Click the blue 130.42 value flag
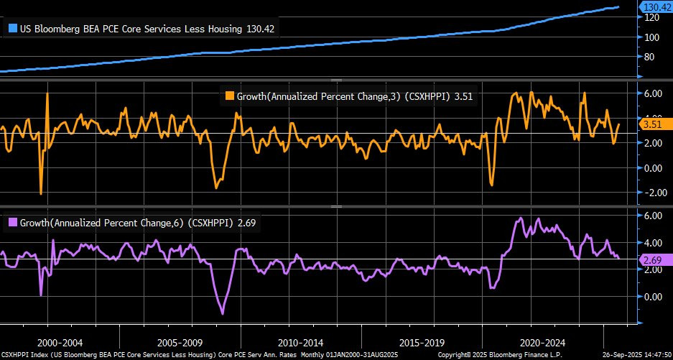click(x=654, y=7)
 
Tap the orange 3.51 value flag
click(x=651, y=124)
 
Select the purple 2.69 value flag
click(x=651, y=261)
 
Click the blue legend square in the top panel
click(x=12, y=29)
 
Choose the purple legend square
click(x=12, y=223)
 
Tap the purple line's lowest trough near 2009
click(x=223, y=313)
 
